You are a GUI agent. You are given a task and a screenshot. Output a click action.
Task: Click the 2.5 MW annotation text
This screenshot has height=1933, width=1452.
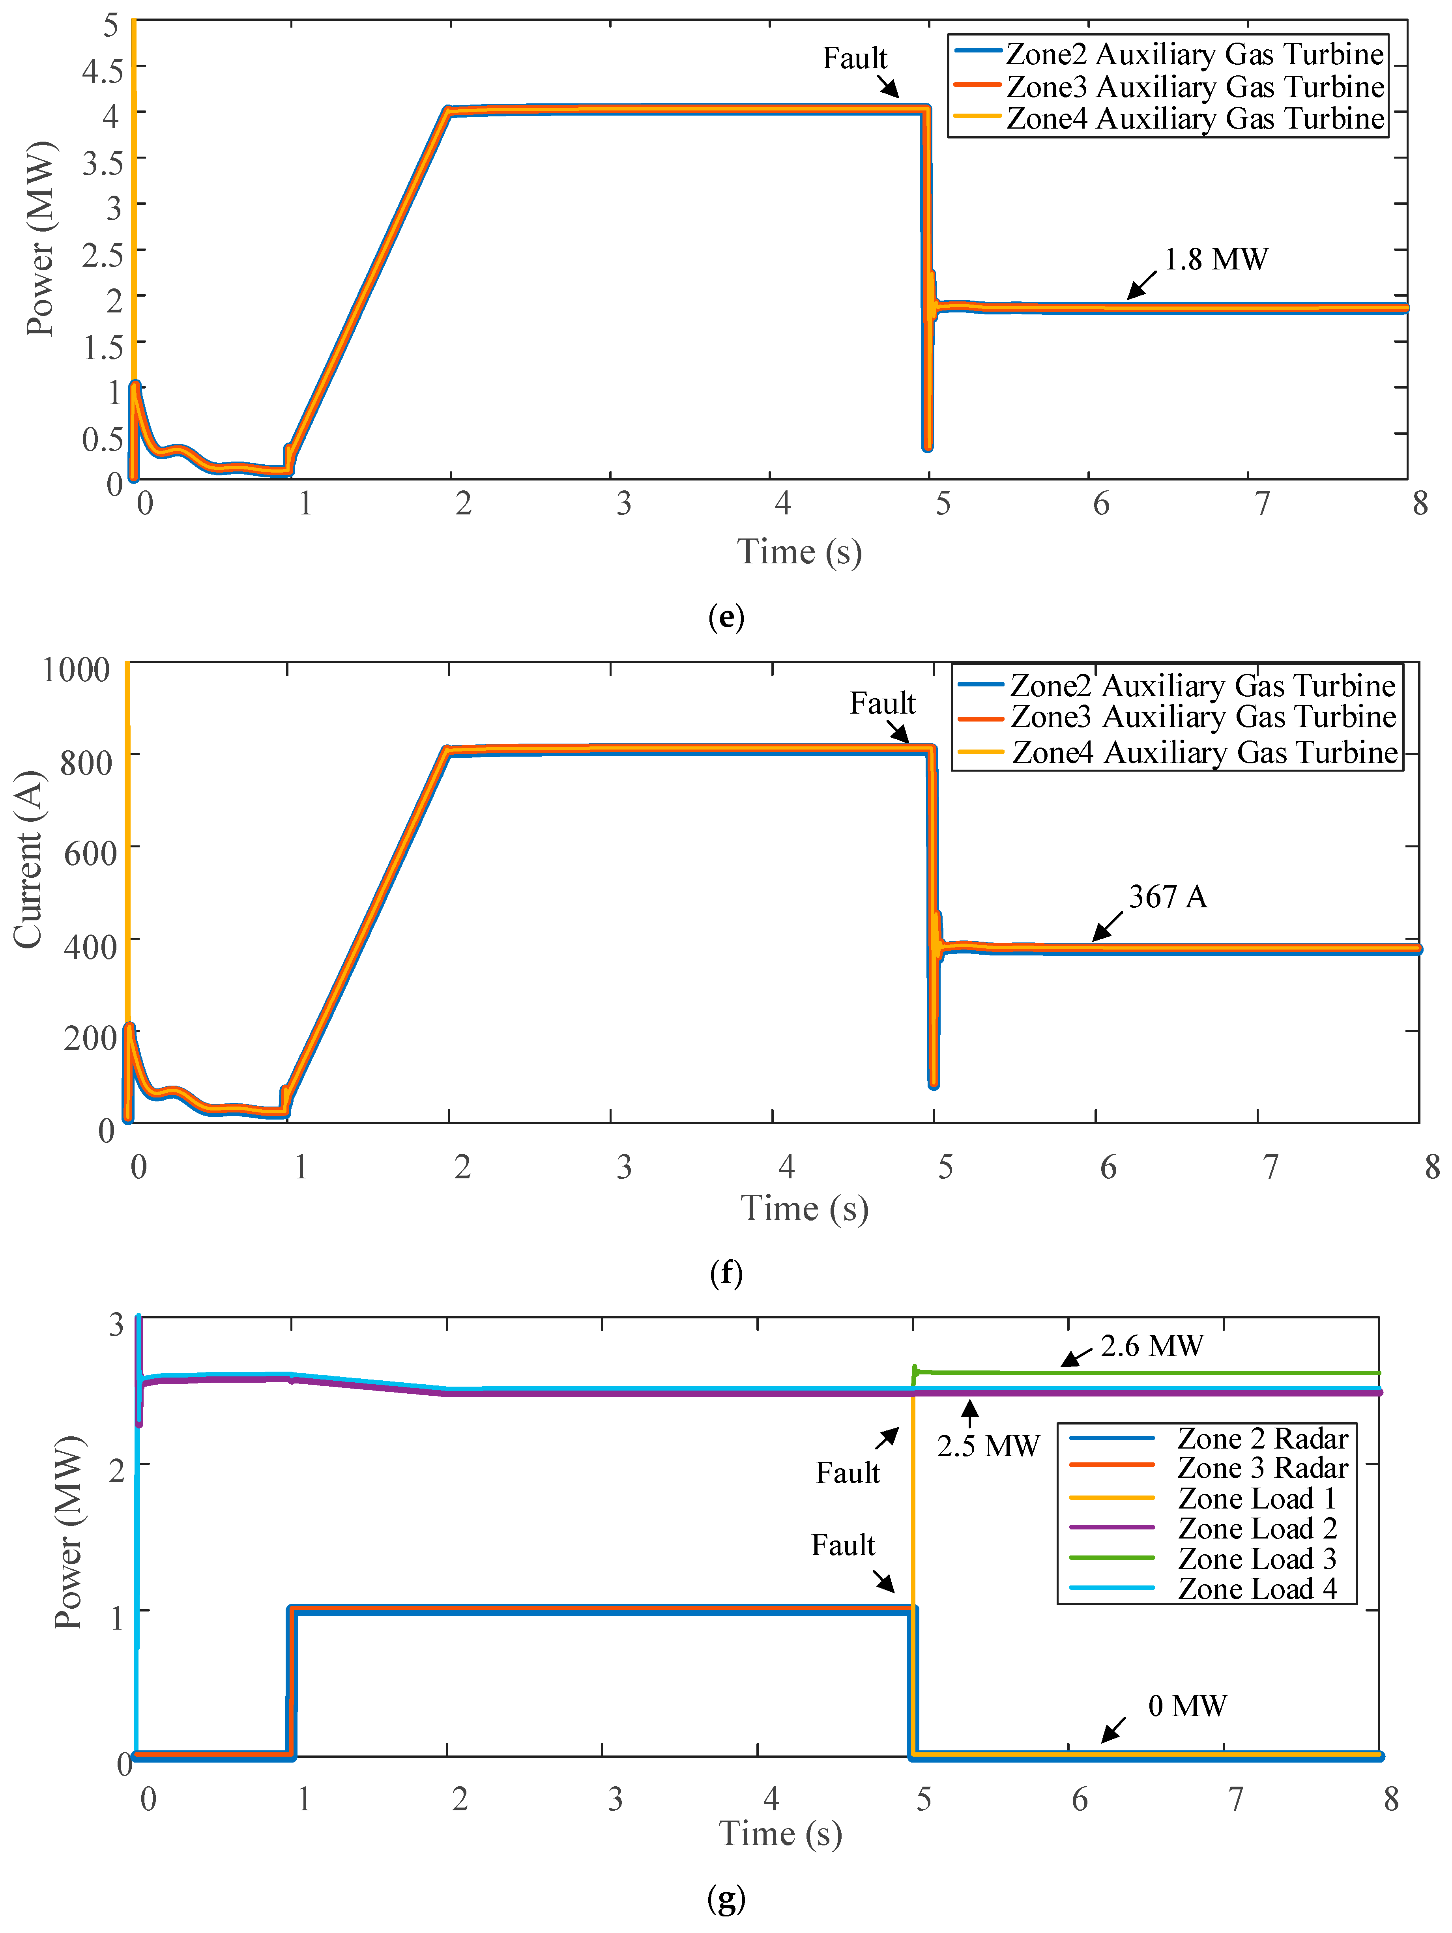[988, 1446]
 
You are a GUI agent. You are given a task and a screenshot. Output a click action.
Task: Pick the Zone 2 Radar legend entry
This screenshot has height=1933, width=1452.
[1261, 1438]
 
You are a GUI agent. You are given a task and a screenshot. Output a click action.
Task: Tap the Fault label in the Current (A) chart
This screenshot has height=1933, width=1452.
[882, 703]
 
